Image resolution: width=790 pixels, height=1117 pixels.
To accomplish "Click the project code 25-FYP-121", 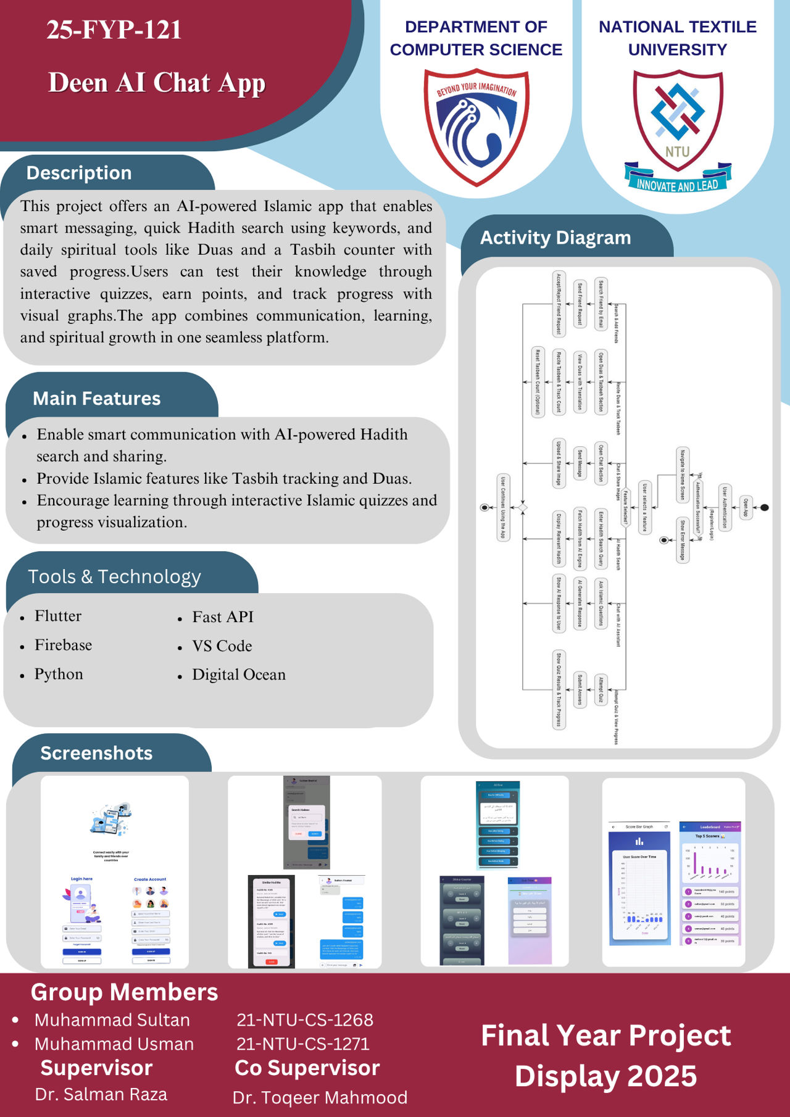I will pyautogui.click(x=114, y=30).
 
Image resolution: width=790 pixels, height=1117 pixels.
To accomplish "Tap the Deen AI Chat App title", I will pyautogui.click(x=157, y=83).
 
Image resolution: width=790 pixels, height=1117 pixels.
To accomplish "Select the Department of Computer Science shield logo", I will pyautogui.click(x=476, y=127).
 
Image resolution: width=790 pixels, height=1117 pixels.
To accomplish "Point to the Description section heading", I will pyautogui.click(x=79, y=173).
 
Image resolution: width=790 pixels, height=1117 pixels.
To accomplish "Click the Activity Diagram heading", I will pyautogui.click(x=555, y=238).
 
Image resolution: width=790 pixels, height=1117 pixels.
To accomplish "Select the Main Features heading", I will pyautogui.click(x=97, y=399).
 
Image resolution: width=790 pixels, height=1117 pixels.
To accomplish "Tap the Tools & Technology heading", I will pyautogui.click(x=115, y=576).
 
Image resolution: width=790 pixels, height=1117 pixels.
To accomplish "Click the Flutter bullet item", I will pyautogui.click(x=58, y=616).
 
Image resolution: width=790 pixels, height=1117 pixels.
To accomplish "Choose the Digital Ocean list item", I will pyautogui.click(x=239, y=675).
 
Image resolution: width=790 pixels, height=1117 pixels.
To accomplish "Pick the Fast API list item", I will pyautogui.click(x=223, y=617).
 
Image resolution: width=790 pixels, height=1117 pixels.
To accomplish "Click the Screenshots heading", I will pyautogui.click(x=96, y=753).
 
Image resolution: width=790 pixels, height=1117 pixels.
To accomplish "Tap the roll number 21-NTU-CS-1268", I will pyautogui.click(x=305, y=1019).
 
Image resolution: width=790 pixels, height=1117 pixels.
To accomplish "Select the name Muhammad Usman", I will pyautogui.click(x=114, y=1044).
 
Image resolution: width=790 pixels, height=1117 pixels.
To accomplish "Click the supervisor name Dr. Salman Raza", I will pyautogui.click(x=101, y=1094).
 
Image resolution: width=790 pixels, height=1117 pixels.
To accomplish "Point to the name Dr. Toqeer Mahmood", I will pyautogui.click(x=320, y=1097).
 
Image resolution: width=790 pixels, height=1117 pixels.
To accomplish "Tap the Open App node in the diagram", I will pyautogui.click(x=746, y=508).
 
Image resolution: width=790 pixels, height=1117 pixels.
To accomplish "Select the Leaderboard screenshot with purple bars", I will pyautogui.click(x=710, y=882).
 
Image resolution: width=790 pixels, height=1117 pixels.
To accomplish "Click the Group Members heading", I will pyautogui.click(x=124, y=992).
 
